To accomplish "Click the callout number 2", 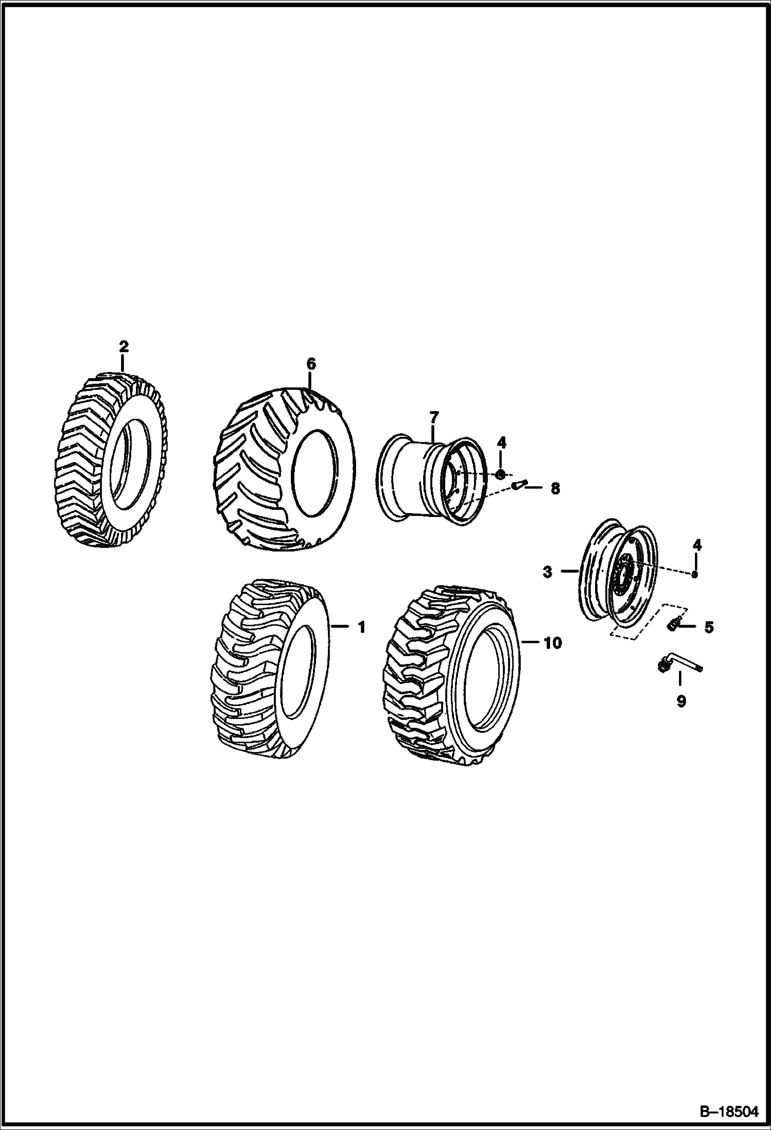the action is [124, 346].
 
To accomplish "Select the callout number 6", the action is [310, 364].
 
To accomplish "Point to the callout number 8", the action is [555, 488].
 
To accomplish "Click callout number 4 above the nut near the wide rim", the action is [502, 442].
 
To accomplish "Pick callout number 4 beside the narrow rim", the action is [697, 544].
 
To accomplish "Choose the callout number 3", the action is [547, 572].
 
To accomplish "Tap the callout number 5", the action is [709, 627].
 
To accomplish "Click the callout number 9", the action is [680, 701].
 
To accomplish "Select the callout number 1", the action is [361, 627].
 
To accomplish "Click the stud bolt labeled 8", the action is [520, 485].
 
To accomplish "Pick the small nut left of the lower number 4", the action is [694, 574].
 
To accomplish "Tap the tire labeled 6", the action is [285, 469].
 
